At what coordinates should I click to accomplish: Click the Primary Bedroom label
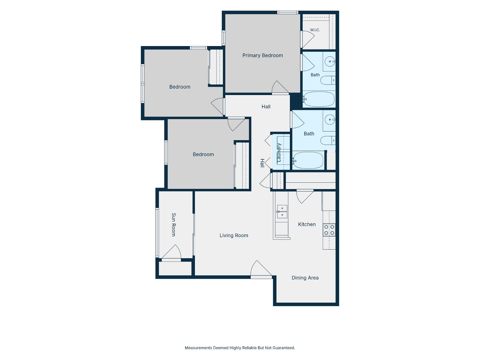point(262,55)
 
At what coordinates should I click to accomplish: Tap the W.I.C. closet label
point(315,30)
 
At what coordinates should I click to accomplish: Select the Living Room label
point(234,236)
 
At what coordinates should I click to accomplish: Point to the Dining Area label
point(305,278)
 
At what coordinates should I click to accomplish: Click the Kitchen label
point(307,224)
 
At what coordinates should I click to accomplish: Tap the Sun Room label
point(174,225)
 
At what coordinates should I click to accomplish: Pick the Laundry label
point(279,152)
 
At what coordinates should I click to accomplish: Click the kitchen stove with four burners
point(329,230)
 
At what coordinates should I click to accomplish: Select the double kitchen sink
point(282,212)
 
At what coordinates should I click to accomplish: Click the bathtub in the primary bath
point(319,99)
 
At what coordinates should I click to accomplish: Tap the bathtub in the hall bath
point(308,160)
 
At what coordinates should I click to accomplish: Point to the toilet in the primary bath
point(328,80)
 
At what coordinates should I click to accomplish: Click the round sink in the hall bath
point(330,120)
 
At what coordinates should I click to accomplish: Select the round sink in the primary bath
point(330,61)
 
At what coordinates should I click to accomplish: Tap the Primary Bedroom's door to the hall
point(280,87)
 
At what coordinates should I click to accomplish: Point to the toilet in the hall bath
point(328,140)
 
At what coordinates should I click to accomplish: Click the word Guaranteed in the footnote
point(284,348)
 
